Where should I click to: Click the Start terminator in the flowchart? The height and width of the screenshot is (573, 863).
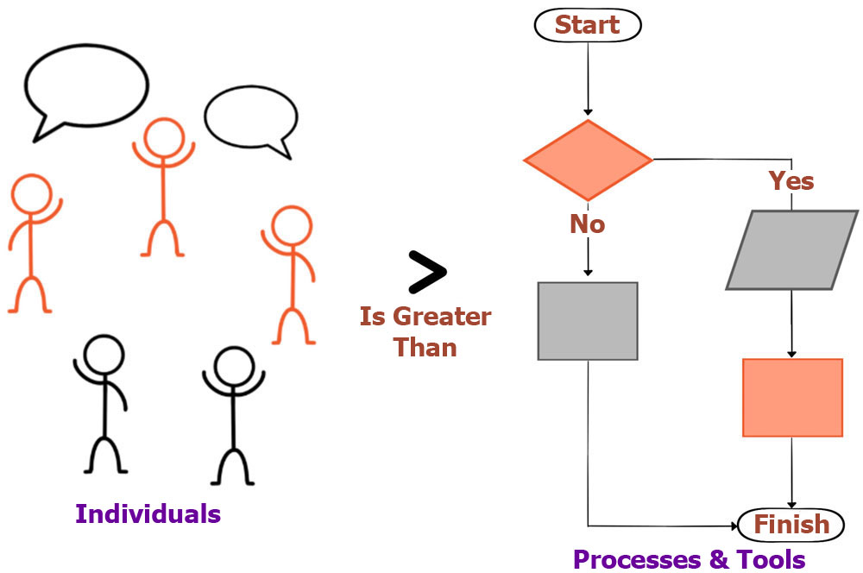(x=587, y=25)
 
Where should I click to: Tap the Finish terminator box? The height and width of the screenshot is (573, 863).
(x=791, y=525)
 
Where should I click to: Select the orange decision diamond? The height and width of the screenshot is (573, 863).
(x=588, y=161)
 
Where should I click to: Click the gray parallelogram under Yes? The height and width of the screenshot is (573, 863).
(x=792, y=250)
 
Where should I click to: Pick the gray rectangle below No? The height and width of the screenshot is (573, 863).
(x=588, y=322)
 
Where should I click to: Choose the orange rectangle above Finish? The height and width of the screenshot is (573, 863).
(x=792, y=398)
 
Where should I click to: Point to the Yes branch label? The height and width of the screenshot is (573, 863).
(x=791, y=181)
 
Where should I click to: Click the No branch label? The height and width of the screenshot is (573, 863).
(x=587, y=224)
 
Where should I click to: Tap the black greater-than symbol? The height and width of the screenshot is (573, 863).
(x=427, y=272)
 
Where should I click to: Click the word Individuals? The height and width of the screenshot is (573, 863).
(x=148, y=513)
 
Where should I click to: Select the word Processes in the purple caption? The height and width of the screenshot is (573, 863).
(x=637, y=559)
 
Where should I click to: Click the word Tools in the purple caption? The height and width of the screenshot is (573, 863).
(x=771, y=559)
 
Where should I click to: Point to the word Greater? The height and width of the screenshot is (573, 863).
(x=442, y=317)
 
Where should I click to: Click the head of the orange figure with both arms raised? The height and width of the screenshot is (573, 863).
(x=163, y=137)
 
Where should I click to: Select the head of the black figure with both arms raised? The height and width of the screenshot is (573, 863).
(x=234, y=366)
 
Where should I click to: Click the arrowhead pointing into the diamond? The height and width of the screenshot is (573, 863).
(x=588, y=111)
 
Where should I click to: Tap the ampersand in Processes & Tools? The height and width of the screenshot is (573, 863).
(x=719, y=559)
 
